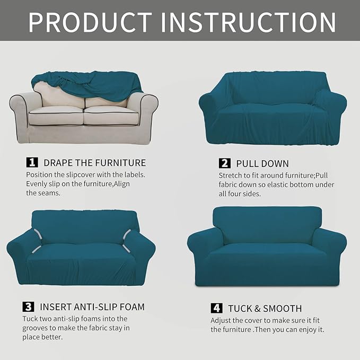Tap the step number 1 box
(32, 162)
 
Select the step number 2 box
(224, 163)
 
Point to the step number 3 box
(28, 306)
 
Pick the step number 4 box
(216, 308)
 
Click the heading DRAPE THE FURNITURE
(94, 162)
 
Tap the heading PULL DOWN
(262, 163)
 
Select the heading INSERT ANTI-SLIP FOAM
(92, 306)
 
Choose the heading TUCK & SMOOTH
(265, 308)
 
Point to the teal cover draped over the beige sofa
(87, 84)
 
